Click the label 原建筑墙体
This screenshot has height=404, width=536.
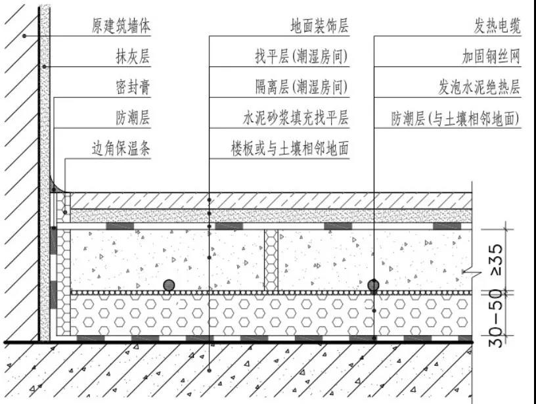[x=121, y=26]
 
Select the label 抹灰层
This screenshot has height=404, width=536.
[x=133, y=56]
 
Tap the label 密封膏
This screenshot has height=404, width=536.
[x=133, y=87]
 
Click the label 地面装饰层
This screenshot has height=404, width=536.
[x=320, y=26]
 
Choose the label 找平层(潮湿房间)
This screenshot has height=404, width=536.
[x=301, y=56]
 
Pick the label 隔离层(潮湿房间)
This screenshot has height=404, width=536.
[x=301, y=87]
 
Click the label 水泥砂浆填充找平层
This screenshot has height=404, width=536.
[x=296, y=118]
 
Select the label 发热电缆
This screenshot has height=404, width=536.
[x=497, y=26]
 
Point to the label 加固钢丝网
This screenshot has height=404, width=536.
[x=491, y=56]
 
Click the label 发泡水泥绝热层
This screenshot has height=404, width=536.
[x=480, y=87]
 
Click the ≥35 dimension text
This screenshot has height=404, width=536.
[x=497, y=259]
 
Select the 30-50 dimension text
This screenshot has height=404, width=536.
[x=496, y=319]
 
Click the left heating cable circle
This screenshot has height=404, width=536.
[x=169, y=285]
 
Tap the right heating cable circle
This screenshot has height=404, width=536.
[x=374, y=285]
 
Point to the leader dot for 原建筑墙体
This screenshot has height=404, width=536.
[x=24, y=36]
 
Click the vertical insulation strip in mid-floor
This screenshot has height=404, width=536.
[x=271, y=260]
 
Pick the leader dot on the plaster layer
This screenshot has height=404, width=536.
[x=44, y=66]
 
